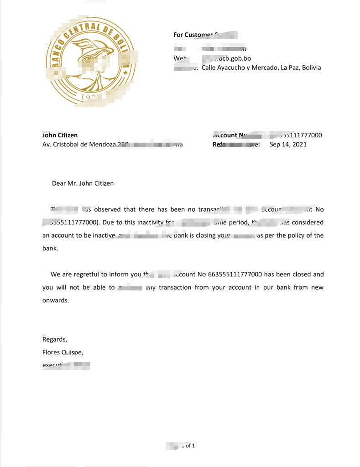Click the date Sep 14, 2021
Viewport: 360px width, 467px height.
click(288, 145)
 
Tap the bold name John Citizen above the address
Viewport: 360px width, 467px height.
click(60, 135)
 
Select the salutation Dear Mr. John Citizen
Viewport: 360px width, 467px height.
click(83, 183)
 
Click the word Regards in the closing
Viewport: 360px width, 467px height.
click(55, 339)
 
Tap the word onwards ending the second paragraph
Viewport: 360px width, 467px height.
click(55, 301)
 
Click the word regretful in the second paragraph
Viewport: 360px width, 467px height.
click(101, 275)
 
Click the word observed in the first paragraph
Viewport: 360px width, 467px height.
click(108, 210)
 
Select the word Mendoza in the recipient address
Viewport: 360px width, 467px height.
click(103, 145)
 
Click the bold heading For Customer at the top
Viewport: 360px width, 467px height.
click(193, 35)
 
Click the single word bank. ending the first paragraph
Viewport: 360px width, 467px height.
click(50, 249)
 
